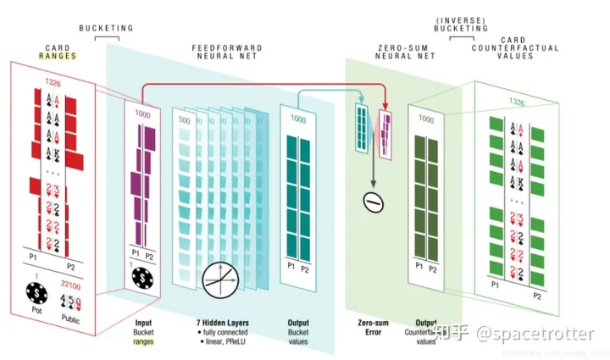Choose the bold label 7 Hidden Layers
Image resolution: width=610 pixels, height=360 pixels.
[219, 323]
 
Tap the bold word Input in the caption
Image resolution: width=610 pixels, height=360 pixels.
[143, 323]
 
